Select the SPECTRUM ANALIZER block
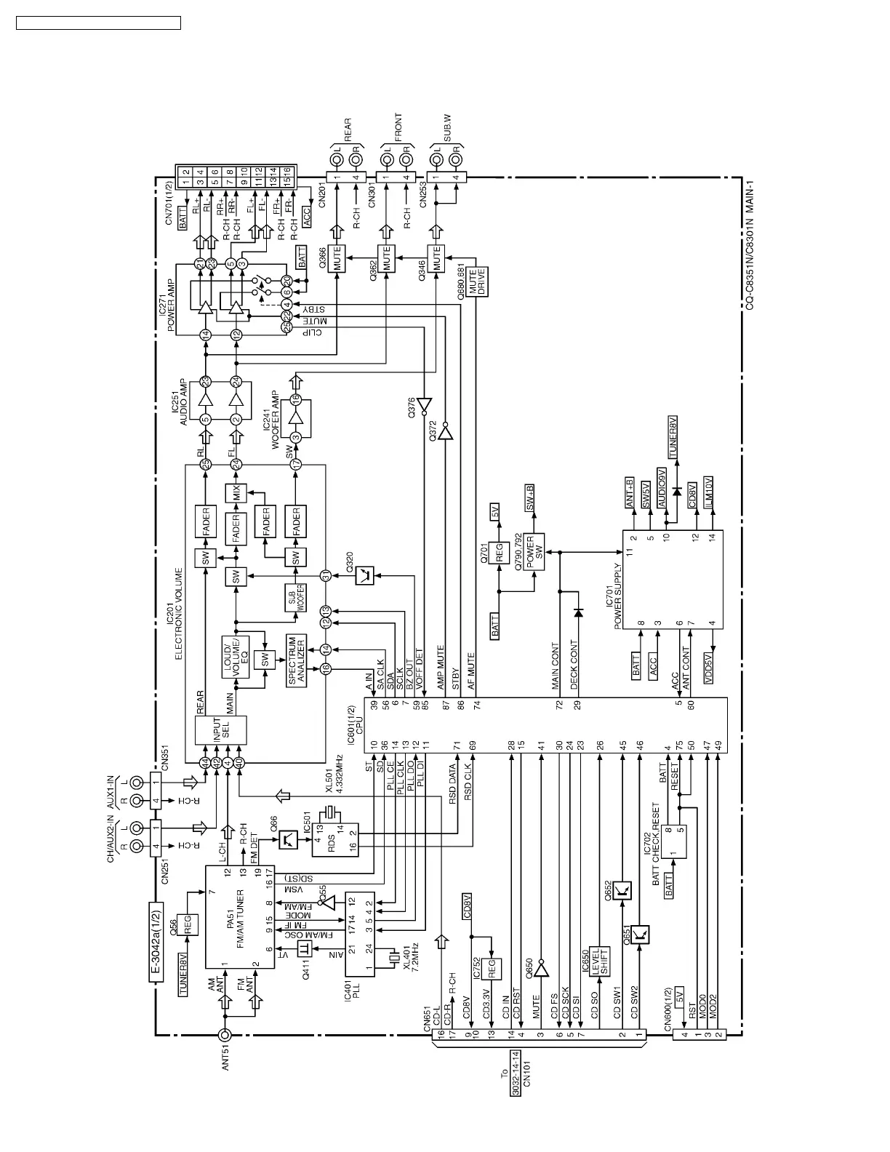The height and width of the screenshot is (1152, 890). (297, 661)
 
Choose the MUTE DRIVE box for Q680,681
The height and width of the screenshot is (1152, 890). (476, 281)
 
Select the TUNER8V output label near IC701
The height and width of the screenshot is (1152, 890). (673, 438)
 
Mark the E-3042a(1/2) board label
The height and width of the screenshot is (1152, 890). (156, 943)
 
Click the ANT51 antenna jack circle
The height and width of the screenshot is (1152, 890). (226, 1035)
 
